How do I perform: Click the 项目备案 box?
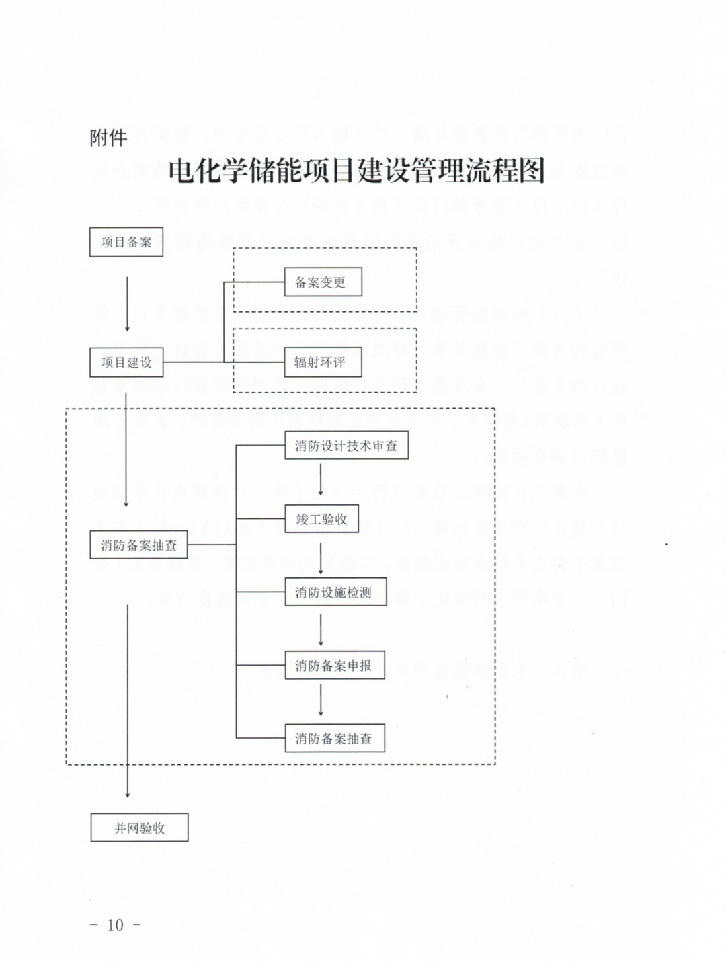tap(126, 242)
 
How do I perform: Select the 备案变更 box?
tap(323, 282)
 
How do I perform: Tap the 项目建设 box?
tap(126, 362)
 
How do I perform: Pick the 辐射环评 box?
tap(323, 362)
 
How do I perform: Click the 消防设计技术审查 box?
tap(346, 446)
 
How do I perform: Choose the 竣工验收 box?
tap(321, 519)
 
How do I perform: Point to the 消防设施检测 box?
tap(335, 592)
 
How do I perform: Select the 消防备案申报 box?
tap(335, 666)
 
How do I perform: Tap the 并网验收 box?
tap(139, 828)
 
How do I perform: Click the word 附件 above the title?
tap(108, 138)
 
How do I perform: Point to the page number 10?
tap(116, 925)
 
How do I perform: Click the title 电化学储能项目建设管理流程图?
tap(356, 171)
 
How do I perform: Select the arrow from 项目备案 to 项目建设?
tap(127, 303)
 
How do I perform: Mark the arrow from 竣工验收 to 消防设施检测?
tap(321, 557)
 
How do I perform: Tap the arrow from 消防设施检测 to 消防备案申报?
tap(321, 630)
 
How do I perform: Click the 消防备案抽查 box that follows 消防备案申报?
tap(335, 739)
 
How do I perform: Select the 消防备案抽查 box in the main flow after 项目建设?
tap(138, 545)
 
